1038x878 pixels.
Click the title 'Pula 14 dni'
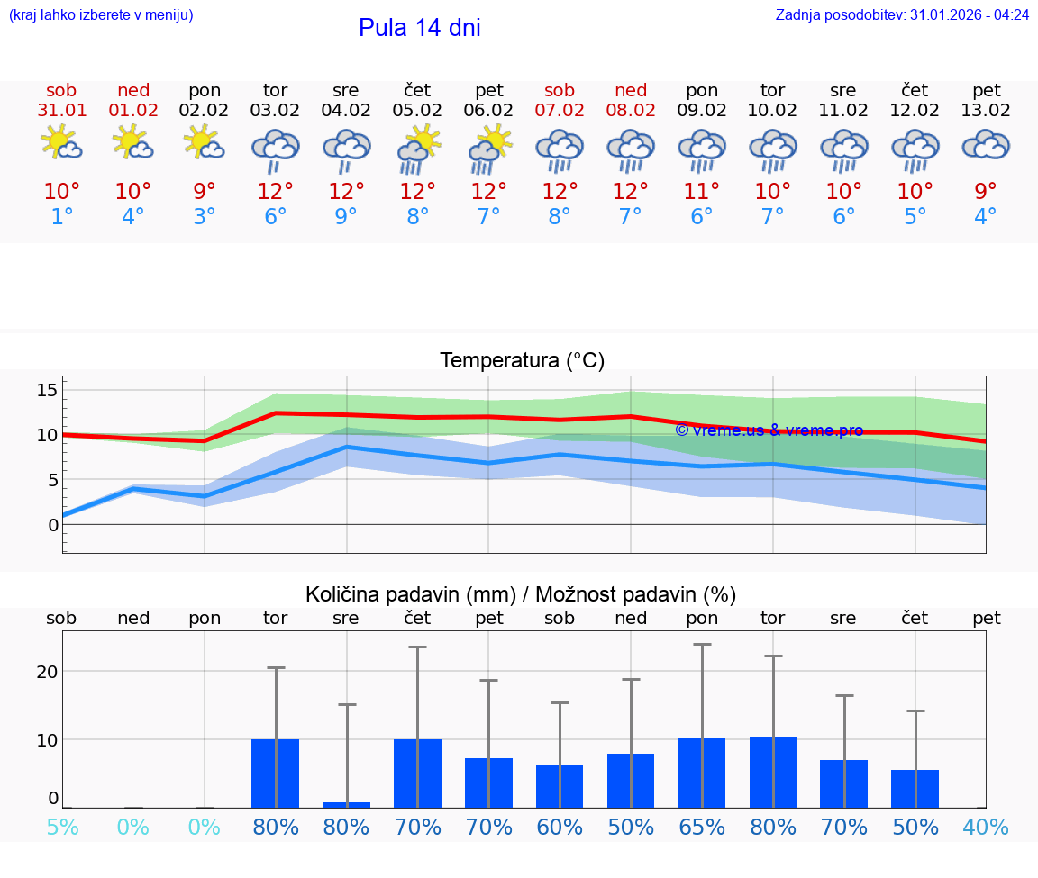419,28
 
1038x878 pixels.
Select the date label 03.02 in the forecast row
275,111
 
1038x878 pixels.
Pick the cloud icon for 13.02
986,144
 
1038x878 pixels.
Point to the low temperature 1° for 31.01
61,217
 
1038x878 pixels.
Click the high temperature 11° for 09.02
702,192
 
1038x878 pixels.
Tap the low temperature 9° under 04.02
346,217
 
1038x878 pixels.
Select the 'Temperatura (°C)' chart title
522,361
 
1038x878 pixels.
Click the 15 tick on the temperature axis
47,390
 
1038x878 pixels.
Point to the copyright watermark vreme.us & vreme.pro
769,430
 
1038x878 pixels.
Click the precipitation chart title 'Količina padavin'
521,594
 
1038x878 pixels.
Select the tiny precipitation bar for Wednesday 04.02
346,804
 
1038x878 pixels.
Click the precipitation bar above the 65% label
702,773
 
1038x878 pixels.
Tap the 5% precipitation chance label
62,827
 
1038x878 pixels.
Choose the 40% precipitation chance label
986,827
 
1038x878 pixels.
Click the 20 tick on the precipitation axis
47,672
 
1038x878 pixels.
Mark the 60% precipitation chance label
560,827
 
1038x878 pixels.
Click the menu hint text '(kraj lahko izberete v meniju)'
101,15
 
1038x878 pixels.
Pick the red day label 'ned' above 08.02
631,90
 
